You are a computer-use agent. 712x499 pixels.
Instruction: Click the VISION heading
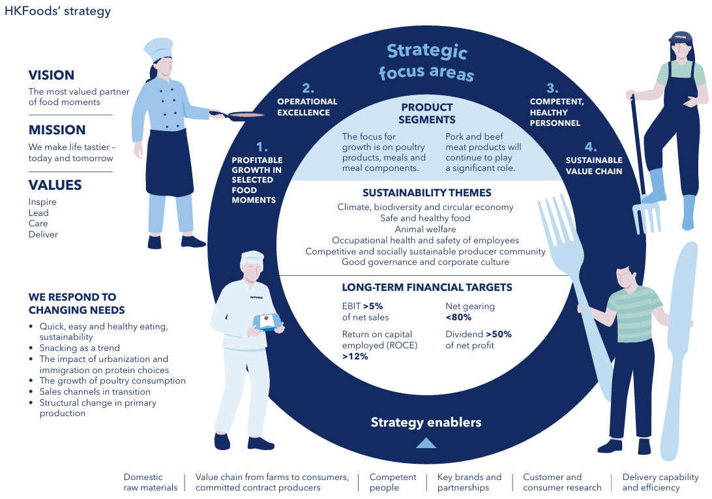pos(52,75)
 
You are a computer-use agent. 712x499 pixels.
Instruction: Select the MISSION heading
pos(57,130)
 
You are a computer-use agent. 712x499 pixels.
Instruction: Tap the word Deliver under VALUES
pos(43,235)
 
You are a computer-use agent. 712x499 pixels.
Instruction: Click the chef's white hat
pos(158,48)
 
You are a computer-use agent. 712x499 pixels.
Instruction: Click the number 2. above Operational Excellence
pos(308,87)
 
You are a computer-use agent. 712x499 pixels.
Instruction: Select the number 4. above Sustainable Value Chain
pos(591,147)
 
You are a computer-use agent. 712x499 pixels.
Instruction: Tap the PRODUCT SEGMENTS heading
pos(427,113)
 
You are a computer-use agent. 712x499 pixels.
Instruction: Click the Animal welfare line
pos(426,230)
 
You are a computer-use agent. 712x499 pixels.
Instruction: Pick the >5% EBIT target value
pos(373,307)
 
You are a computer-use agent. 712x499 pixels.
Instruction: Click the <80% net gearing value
pos(458,317)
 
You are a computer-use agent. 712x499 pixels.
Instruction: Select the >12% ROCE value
pos(355,356)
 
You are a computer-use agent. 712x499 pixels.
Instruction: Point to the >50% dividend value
pos(499,334)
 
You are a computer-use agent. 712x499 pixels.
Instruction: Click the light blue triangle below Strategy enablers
pos(426,444)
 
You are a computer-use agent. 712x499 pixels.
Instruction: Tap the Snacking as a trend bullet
pos(80,348)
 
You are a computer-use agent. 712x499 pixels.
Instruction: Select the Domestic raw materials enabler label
pos(151,482)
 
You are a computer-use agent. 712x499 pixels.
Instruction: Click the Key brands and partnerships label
pos(469,482)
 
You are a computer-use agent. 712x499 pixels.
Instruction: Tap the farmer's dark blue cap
pos(680,38)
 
